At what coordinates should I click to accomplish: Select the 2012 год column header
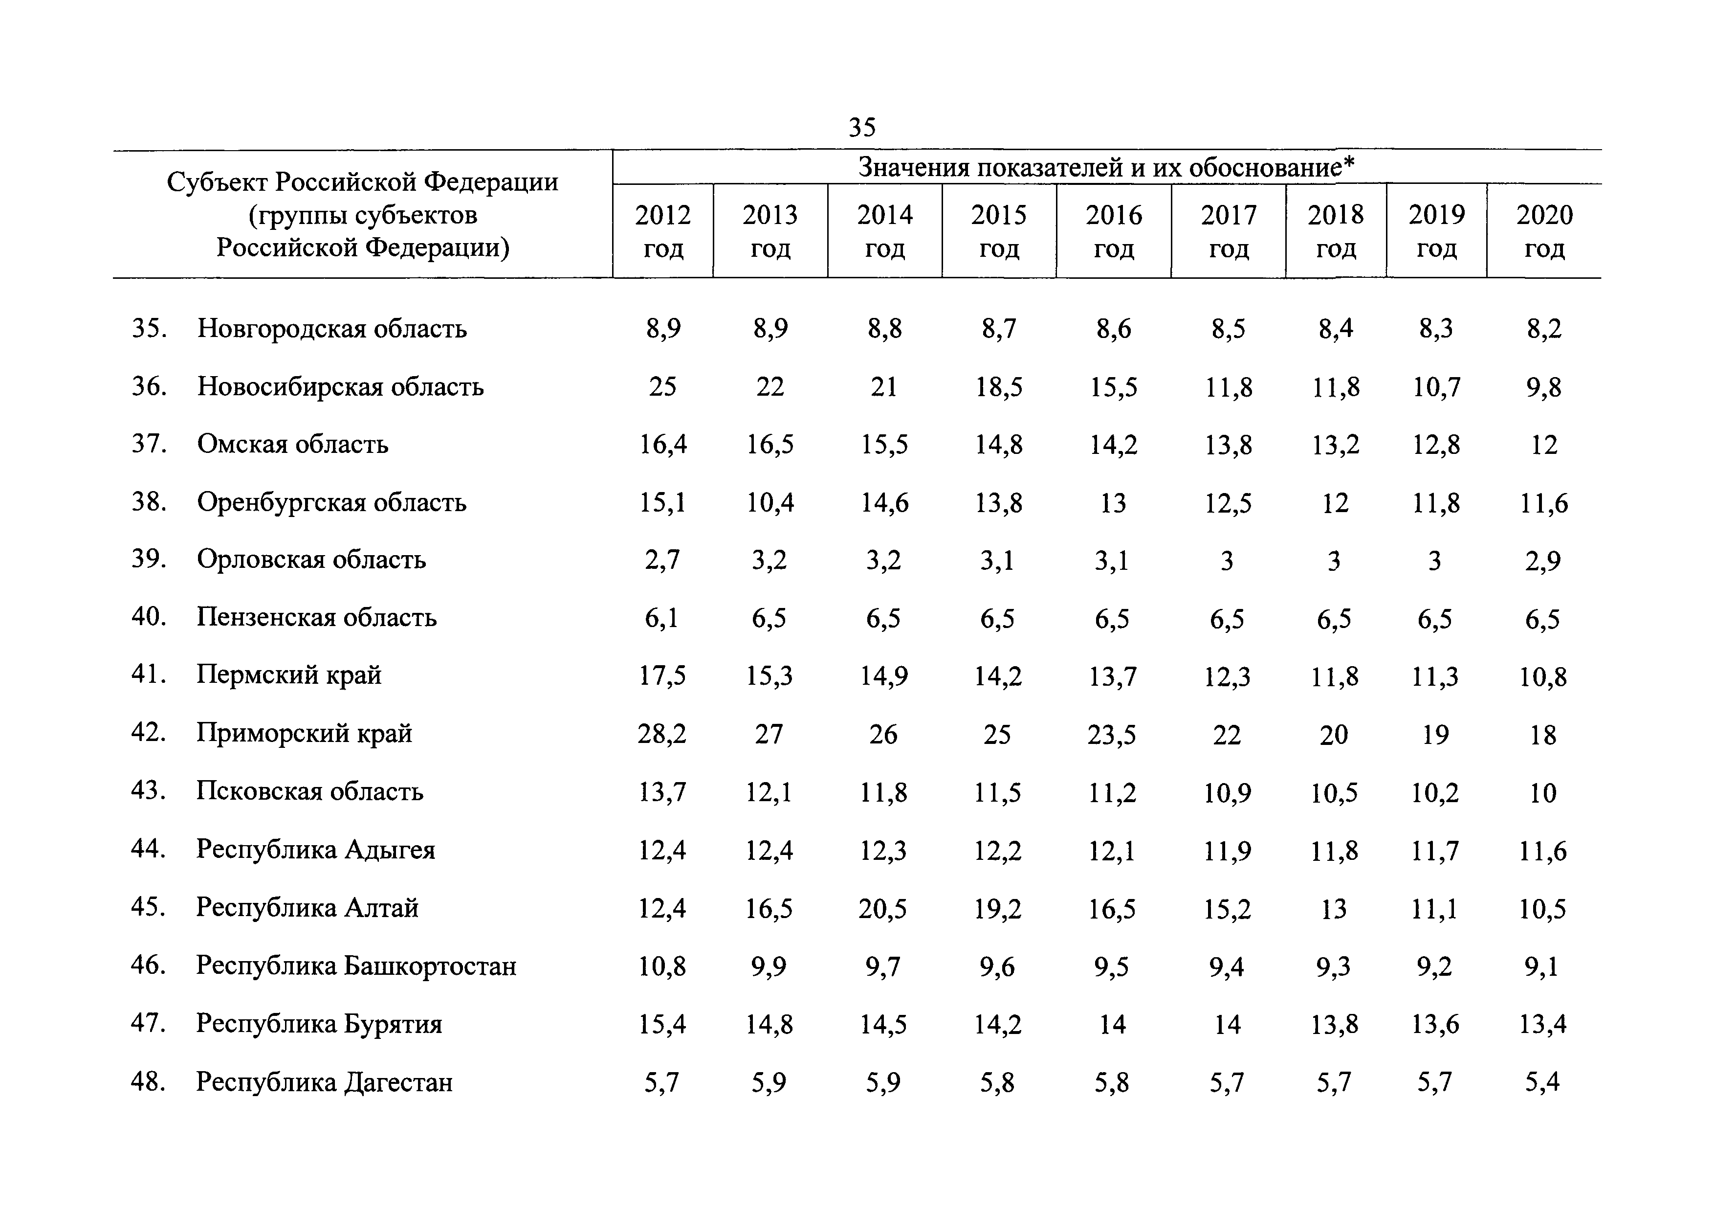[662, 231]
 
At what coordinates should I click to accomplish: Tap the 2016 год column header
[1114, 231]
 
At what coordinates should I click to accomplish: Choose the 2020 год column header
[1544, 231]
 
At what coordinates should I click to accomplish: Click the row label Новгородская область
[331, 328]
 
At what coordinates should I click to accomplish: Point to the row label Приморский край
[304, 733]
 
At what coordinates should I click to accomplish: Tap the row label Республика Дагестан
[324, 1081]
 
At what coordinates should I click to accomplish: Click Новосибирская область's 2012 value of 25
[662, 386]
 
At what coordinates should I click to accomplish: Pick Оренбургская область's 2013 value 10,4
[770, 502]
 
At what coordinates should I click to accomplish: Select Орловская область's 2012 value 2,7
[662, 560]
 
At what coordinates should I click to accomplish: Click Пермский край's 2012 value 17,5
[662, 675]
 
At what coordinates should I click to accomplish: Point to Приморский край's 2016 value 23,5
[1112, 734]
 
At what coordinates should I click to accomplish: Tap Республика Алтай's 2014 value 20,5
[883, 908]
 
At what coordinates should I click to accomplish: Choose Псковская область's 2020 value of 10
[1542, 792]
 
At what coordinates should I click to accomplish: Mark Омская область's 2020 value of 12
[1544, 445]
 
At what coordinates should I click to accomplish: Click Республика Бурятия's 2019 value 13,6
[1435, 1024]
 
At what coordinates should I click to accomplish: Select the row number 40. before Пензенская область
[149, 617]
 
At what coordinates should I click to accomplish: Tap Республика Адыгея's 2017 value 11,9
[1227, 851]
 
